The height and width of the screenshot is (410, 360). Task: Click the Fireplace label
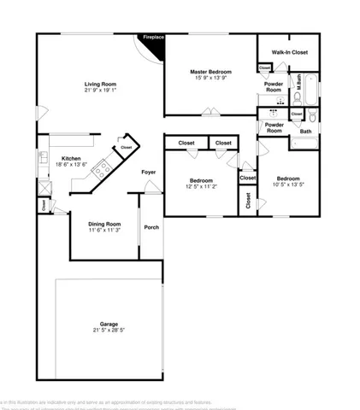[153, 38]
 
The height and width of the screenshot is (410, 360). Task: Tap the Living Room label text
[100, 84]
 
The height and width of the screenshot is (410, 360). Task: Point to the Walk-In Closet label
[290, 53]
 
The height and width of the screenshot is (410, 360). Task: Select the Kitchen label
[70, 157]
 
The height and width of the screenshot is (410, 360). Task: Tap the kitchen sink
[42, 158]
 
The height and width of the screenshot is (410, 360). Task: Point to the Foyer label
[148, 173]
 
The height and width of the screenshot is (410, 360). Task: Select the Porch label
[151, 227]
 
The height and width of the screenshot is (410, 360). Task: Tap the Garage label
[108, 324]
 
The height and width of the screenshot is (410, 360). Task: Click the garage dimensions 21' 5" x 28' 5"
[108, 331]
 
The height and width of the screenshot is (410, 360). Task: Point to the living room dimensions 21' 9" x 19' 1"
[100, 91]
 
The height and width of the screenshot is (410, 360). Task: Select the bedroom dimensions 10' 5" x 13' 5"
[288, 184]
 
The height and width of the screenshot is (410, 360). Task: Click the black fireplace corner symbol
[155, 48]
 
